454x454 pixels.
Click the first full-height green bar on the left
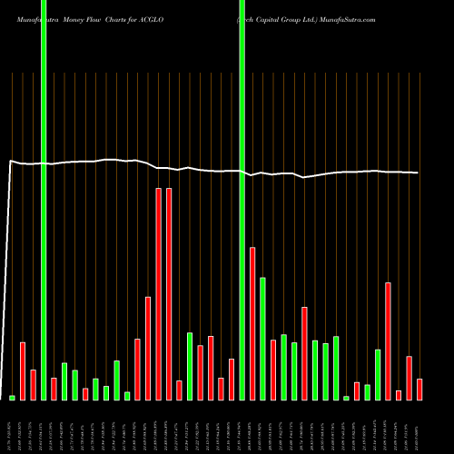pyautogui.click(x=44, y=200)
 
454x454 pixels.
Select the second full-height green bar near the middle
pyautogui.click(x=242, y=200)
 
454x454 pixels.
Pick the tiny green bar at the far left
pyautogui.click(x=12, y=398)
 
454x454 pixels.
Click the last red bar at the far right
pyautogui.click(x=419, y=390)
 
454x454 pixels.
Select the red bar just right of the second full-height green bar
pyautogui.click(x=252, y=323)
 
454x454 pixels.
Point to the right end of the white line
pyautogui.click(x=419, y=173)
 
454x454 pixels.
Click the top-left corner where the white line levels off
pyautogui.click(x=10, y=162)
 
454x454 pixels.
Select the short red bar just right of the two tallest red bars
pyautogui.click(x=179, y=390)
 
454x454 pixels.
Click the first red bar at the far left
pyautogui.click(x=23, y=370)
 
